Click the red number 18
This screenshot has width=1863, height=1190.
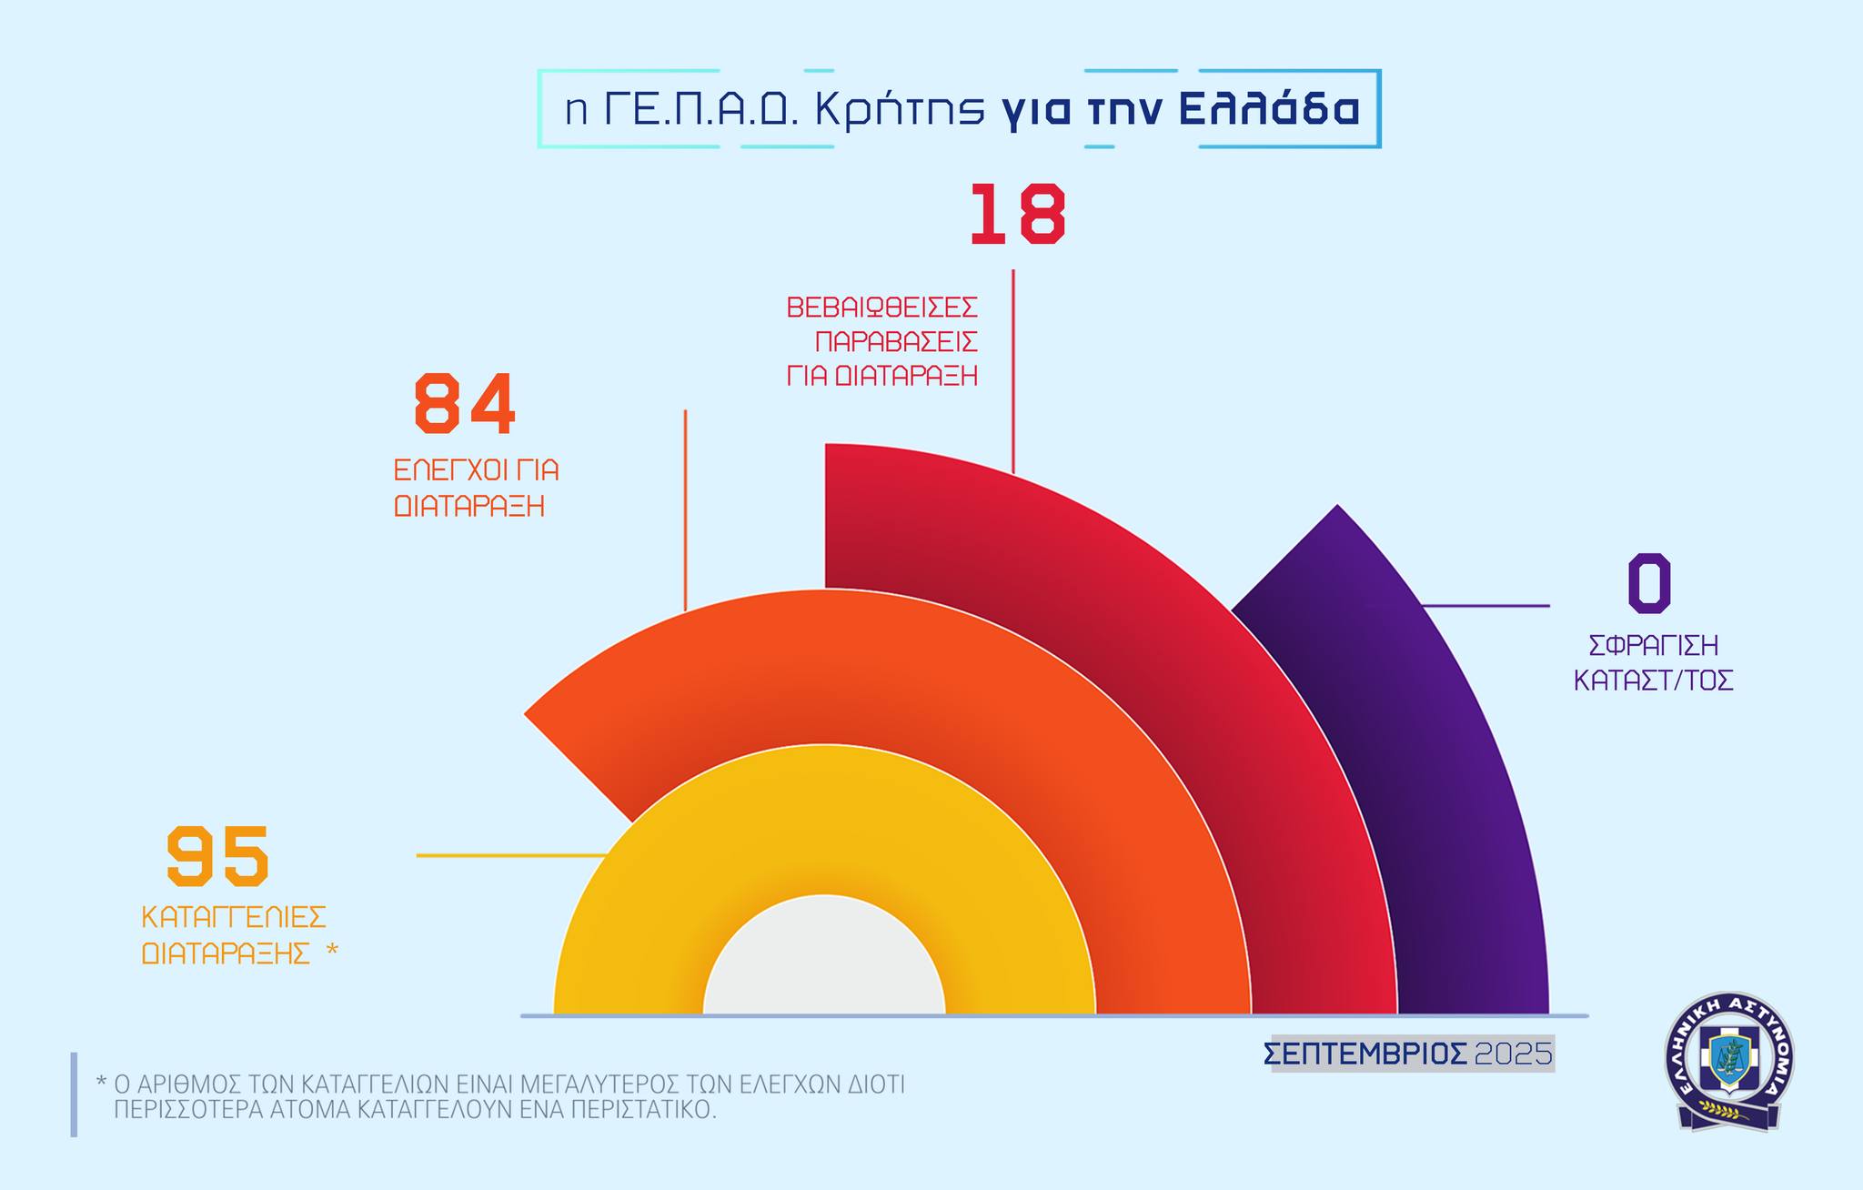(1016, 215)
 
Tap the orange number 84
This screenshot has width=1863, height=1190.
(465, 404)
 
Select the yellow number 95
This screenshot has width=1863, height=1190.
(218, 855)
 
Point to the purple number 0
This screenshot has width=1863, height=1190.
(1648, 583)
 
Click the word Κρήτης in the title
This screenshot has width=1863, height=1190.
(900, 110)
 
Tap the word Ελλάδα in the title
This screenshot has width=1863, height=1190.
(1269, 110)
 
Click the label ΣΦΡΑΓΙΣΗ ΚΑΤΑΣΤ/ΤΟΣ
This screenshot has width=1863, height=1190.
(1653, 662)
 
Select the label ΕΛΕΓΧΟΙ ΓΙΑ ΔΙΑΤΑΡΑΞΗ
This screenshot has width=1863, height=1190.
(475, 488)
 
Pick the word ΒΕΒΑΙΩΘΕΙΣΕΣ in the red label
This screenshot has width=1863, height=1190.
(881, 308)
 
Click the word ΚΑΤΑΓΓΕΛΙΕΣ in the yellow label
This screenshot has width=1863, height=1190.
(234, 916)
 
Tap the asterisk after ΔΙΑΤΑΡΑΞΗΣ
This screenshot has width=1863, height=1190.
(331, 952)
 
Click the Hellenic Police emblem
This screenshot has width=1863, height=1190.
(1727, 1061)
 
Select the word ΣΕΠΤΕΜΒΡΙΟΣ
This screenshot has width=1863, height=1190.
(1365, 1054)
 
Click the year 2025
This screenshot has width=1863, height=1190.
(1513, 1054)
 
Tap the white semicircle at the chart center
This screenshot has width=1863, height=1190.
(824, 964)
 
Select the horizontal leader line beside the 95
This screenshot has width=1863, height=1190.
(509, 856)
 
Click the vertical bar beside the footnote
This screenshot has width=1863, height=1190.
(74, 1094)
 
